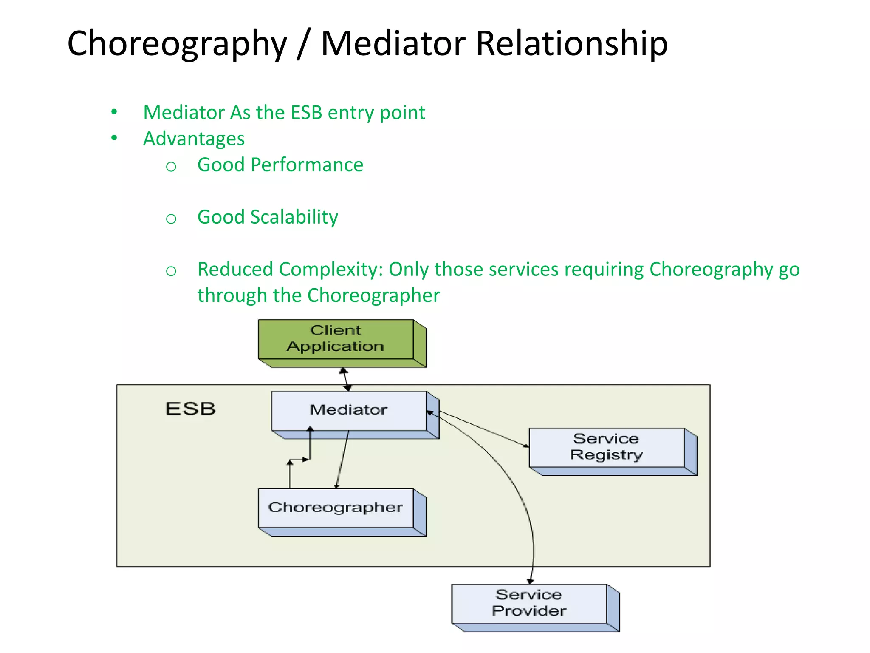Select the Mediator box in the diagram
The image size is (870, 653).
pyautogui.click(x=348, y=410)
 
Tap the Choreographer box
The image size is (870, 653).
pyautogui.click(x=336, y=508)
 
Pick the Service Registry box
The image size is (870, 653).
pyautogui.click(x=606, y=447)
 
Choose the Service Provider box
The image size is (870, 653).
pyautogui.click(x=529, y=603)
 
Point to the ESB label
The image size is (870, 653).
pyautogui.click(x=190, y=409)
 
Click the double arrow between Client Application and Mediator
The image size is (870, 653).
pyautogui.click(x=346, y=379)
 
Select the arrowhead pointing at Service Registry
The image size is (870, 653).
pyautogui.click(x=526, y=446)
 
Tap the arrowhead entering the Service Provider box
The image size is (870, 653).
pyautogui.click(x=530, y=581)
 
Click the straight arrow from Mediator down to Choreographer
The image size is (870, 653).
pyautogui.click(x=342, y=459)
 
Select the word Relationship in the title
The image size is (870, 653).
pyautogui.click(x=571, y=44)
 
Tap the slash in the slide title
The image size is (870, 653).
pyautogui.click(x=303, y=44)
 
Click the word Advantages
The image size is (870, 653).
pyautogui.click(x=194, y=139)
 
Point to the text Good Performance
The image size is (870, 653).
pyautogui.click(x=280, y=165)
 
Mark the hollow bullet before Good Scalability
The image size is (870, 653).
pyautogui.click(x=171, y=219)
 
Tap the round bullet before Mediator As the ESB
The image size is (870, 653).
pyautogui.click(x=114, y=112)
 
